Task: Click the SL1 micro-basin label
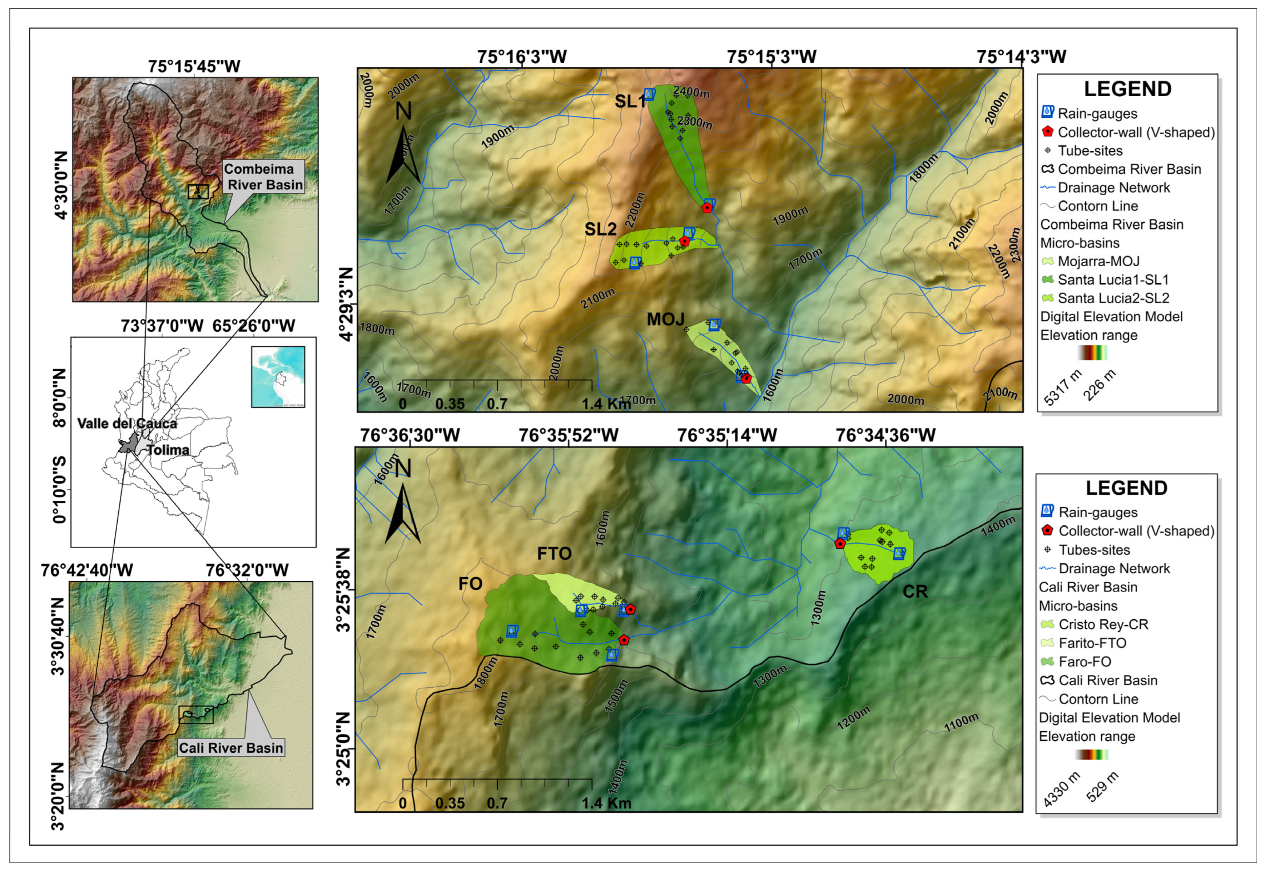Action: coord(630,102)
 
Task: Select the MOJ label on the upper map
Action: coord(665,320)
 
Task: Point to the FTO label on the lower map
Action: coord(554,554)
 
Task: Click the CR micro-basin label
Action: coord(914,592)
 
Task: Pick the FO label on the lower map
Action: coord(470,584)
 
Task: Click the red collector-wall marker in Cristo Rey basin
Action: coord(840,543)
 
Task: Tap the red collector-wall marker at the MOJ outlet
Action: coord(746,378)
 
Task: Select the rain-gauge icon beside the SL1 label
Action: coord(649,94)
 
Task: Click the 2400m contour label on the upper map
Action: coord(691,93)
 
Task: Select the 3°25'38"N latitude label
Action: coord(343,590)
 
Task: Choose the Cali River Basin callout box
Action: coord(231,747)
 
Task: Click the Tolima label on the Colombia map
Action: coord(168,450)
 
